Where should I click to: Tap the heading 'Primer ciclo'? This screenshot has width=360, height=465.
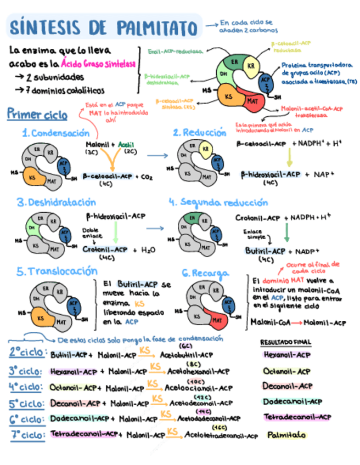tap(37, 115)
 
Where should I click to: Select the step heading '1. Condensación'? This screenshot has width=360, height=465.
tap(55, 133)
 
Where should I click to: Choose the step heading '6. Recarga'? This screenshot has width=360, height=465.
tap(202, 273)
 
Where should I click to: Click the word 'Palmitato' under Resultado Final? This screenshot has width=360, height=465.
tap(286, 435)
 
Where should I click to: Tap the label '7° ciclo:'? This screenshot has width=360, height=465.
tap(26, 435)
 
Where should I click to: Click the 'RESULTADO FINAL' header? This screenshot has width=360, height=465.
tap(285, 342)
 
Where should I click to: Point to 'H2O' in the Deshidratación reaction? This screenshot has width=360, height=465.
tap(147, 250)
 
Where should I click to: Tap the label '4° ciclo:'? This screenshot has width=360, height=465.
tap(26, 387)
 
